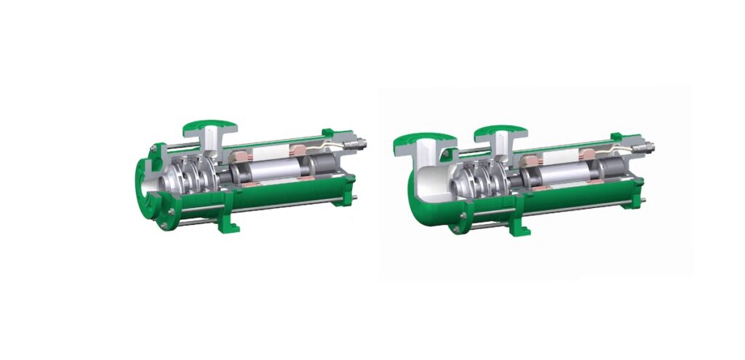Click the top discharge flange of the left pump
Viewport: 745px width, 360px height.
coord(209,126)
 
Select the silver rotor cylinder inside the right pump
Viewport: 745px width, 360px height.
coord(559,175)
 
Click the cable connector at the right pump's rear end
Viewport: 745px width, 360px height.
coord(643,146)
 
